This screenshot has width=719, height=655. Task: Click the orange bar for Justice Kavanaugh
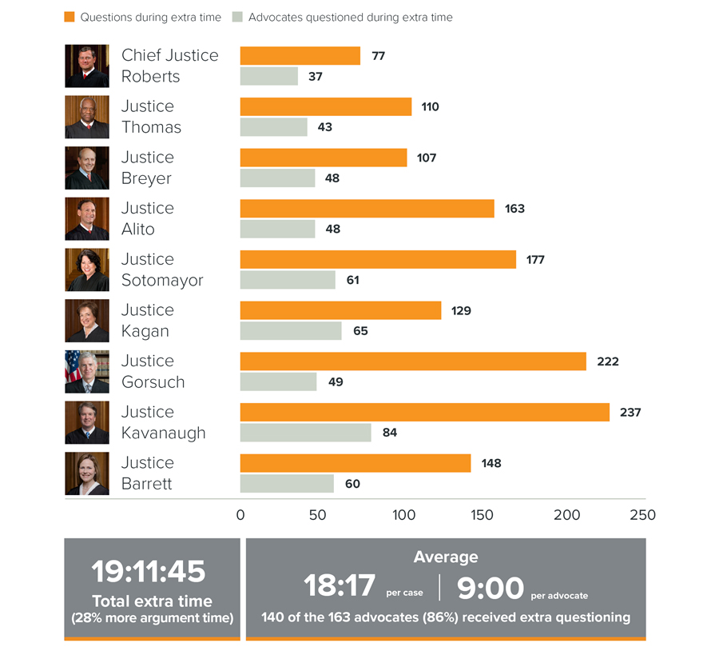424,413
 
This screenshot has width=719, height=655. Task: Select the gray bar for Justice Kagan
291,330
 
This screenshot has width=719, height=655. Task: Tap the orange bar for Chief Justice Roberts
300,56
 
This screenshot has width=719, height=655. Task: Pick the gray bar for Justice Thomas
274,127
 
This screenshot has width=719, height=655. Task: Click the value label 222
608,361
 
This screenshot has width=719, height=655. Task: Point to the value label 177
535,260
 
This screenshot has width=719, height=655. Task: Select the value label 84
390,433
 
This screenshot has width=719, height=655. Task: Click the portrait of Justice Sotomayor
87,270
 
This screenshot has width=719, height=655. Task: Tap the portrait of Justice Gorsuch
87,371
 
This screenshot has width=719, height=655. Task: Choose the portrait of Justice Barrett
87,473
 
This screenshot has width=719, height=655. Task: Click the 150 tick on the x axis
483,515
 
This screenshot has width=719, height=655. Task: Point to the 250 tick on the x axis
643,515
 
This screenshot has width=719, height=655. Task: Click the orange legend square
70,17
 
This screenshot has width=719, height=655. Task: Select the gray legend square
237,17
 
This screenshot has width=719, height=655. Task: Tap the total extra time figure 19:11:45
149,571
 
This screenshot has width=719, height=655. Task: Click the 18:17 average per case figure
340,586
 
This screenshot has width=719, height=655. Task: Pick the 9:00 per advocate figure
491,588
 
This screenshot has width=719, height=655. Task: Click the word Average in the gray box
446,557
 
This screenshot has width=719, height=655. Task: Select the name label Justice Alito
148,218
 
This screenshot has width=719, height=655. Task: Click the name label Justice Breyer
148,168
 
